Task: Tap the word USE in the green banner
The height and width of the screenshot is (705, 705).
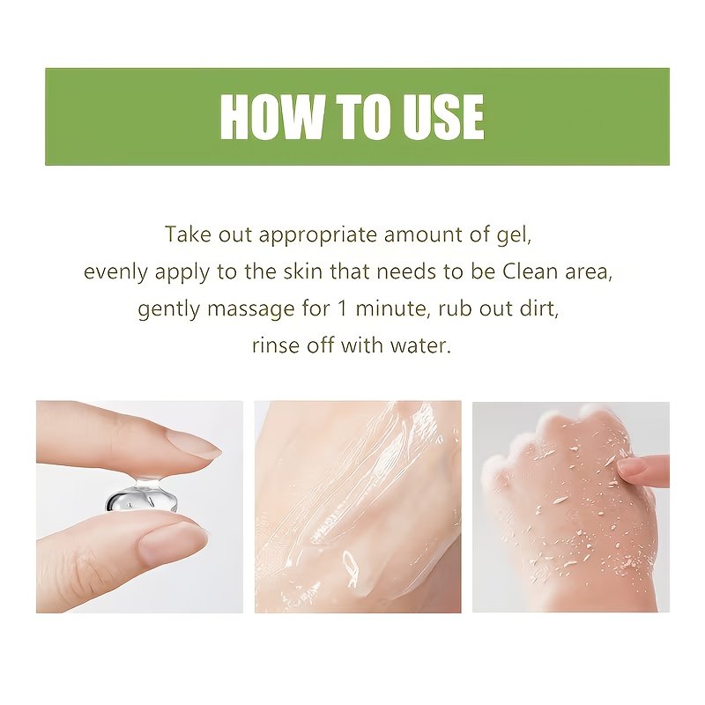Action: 443,117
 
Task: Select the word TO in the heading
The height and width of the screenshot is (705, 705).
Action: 362,117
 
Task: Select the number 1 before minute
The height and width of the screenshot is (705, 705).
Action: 342,309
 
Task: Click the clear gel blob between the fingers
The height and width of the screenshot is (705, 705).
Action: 142,496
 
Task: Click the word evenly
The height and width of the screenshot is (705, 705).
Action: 115,272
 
